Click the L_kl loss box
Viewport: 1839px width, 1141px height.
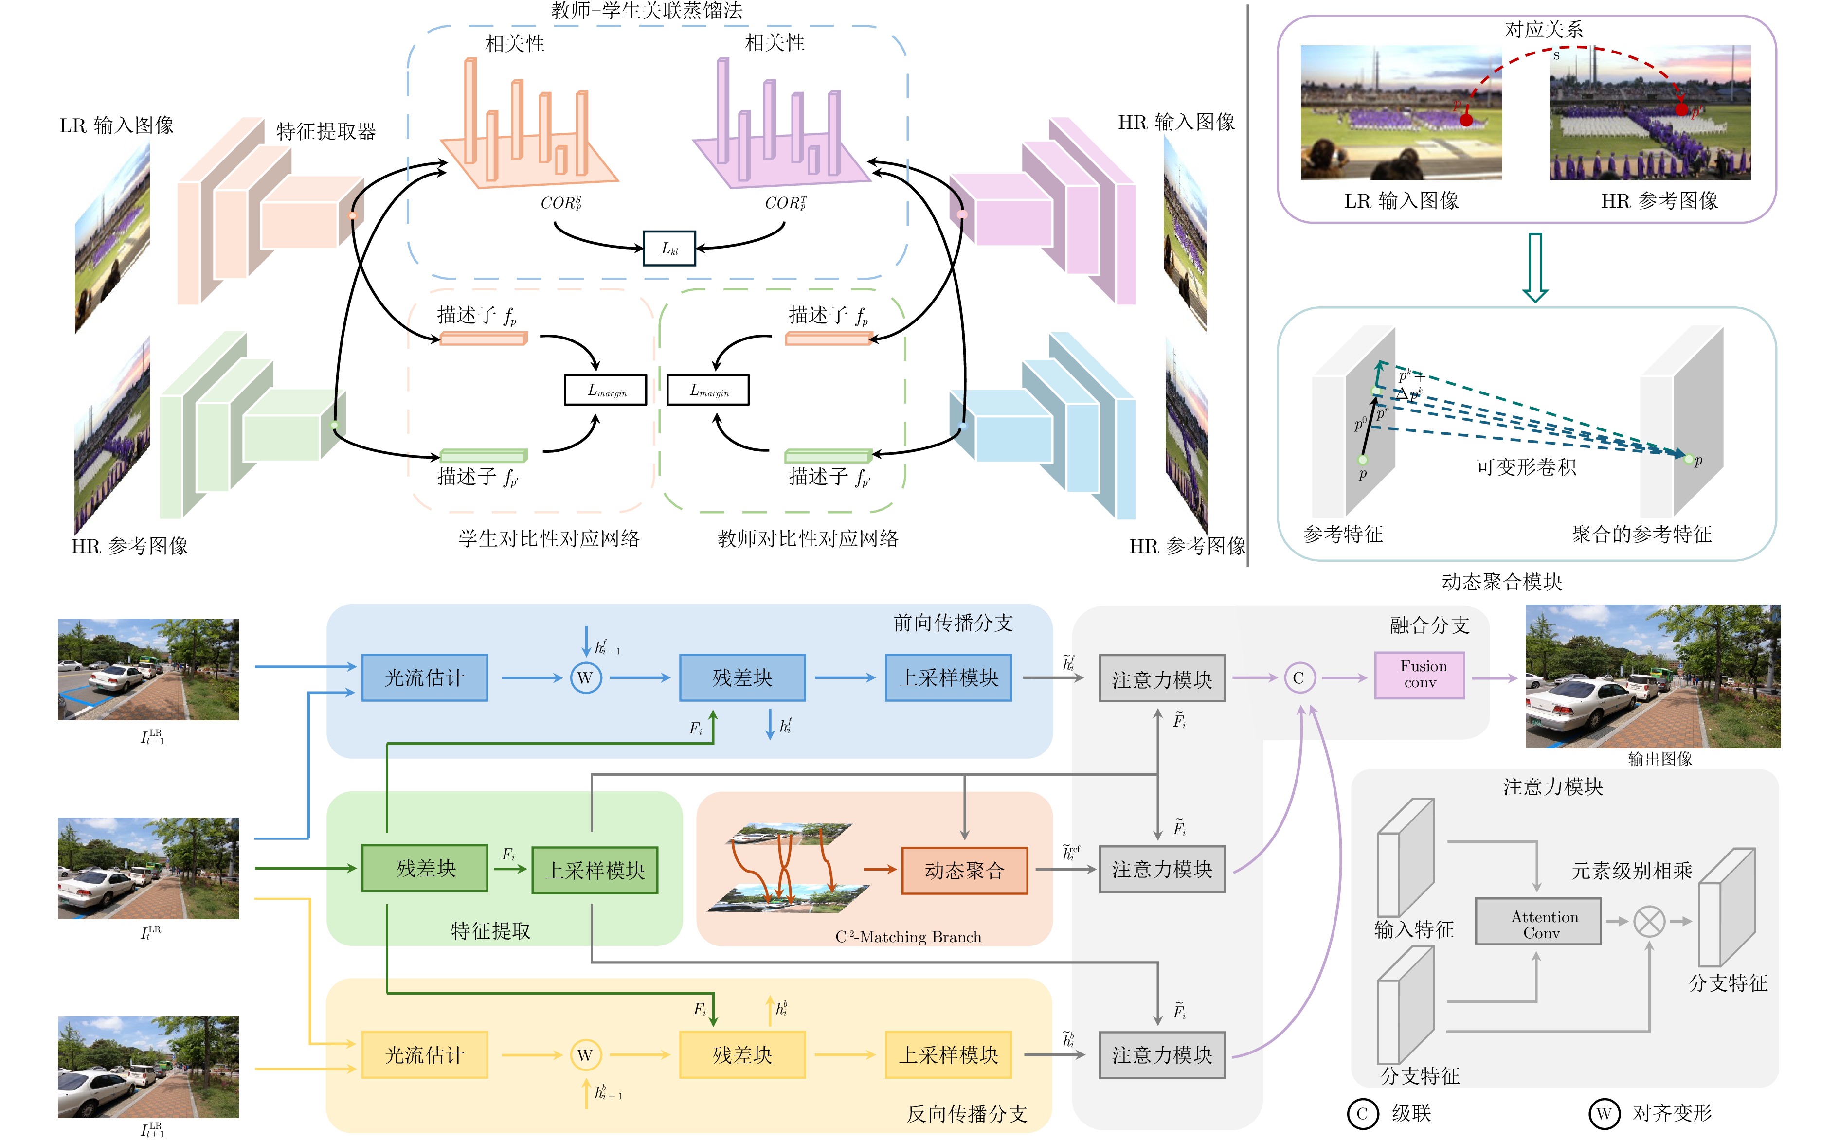668,248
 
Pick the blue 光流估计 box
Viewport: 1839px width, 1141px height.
424,677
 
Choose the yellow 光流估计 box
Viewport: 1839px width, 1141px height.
424,1054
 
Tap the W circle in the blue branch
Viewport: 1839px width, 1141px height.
585,677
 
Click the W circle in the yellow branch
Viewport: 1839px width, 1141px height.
585,1054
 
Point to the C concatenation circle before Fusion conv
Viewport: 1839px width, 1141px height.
1298,677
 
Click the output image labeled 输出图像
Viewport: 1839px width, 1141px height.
1653,676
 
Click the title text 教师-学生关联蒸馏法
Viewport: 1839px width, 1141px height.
647,11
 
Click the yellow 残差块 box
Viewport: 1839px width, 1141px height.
742,1054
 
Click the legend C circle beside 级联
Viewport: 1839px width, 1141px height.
1362,1113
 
